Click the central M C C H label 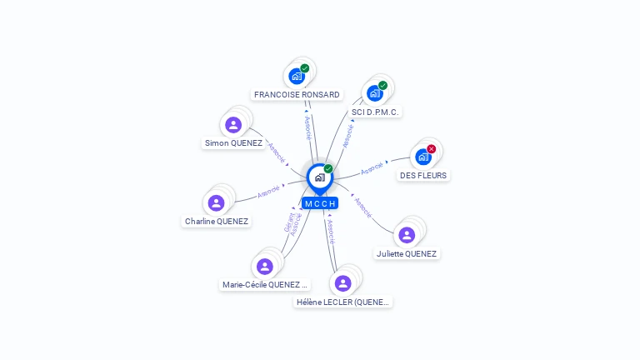point(320,203)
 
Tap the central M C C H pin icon point(319,177)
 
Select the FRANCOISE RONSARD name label point(297,95)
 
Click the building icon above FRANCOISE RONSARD point(296,77)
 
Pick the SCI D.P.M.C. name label point(376,112)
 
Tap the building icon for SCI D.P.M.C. point(374,93)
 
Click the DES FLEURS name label point(423,176)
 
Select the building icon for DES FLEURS point(422,157)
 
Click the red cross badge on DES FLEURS point(431,149)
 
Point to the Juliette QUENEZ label point(406,253)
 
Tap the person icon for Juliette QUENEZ point(407,235)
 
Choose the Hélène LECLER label point(342,302)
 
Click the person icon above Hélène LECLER point(342,283)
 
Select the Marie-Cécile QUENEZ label point(265,284)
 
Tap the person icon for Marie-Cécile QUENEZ point(265,267)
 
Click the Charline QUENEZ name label point(217,222)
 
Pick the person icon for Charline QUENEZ point(217,202)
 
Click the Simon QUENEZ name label point(233,143)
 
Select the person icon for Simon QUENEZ point(233,125)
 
